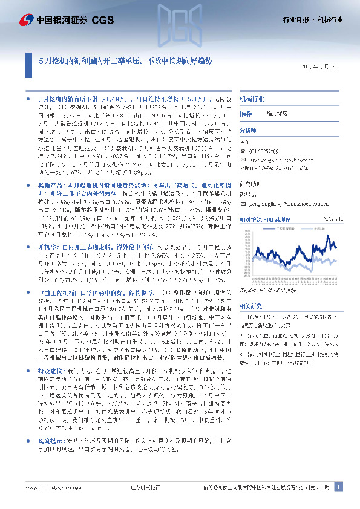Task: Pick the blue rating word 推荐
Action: pyautogui.click(x=246, y=114)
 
